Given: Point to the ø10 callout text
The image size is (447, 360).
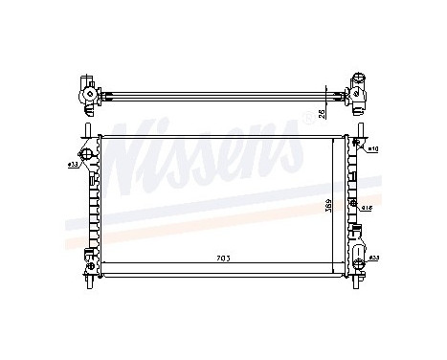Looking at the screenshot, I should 373,149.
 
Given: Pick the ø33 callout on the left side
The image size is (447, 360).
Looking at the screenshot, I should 73,166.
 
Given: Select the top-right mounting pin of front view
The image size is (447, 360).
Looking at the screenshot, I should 362,130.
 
